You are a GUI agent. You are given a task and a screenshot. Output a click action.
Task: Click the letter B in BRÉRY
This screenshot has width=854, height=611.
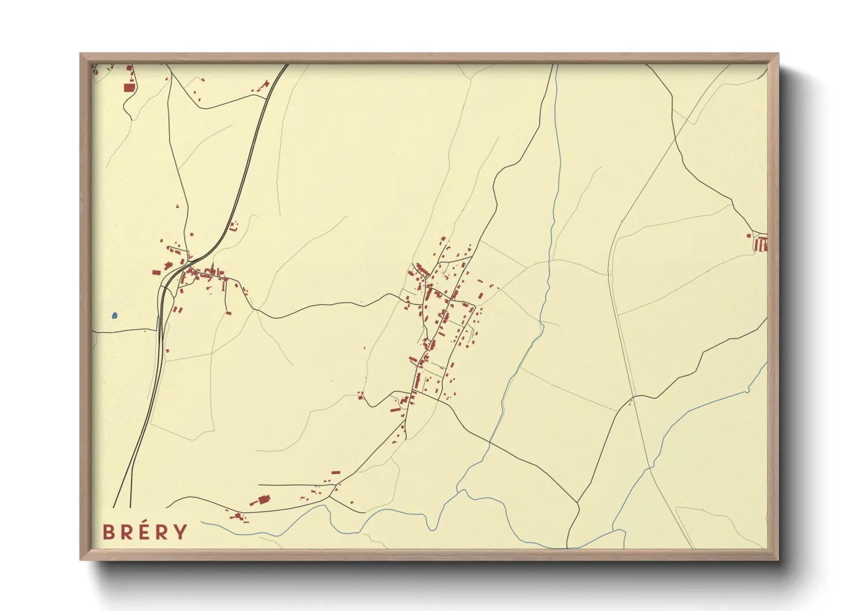[108, 532]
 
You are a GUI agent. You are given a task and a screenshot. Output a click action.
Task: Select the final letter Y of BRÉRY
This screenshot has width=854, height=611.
[181, 532]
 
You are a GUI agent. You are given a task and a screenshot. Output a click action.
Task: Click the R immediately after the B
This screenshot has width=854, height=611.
[127, 532]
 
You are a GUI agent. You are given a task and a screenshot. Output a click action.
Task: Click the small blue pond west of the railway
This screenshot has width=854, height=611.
[115, 316]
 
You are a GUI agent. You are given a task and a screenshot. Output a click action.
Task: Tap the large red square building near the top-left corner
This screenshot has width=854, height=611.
[129, 88]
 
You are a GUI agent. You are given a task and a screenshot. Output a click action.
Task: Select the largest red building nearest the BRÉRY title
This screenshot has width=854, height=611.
[264, 500]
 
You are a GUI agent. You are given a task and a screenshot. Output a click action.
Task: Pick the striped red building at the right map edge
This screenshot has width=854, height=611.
[761, 245]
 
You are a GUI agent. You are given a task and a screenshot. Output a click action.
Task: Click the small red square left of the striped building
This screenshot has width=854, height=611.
[749, 236]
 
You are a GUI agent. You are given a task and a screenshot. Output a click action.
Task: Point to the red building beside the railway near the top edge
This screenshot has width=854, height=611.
[266, 84]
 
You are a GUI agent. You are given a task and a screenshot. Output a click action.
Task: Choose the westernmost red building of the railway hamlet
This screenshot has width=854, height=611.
[156, 273]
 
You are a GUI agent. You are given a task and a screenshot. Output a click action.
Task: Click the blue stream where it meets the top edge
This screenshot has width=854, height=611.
[557, 65]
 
